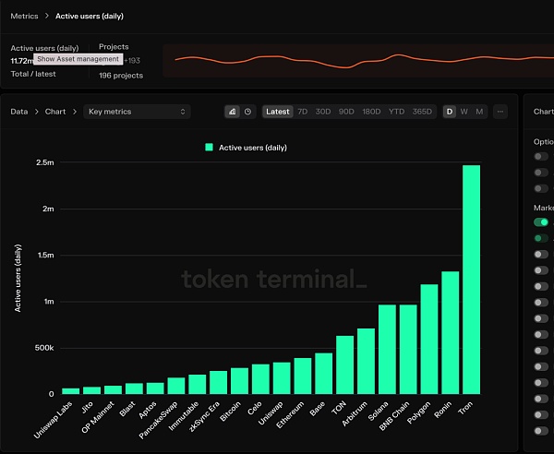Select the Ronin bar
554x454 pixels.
[450, 332]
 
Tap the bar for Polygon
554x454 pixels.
[428, 339]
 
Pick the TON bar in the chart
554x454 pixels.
[344, 364]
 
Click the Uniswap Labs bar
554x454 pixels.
[70, 390]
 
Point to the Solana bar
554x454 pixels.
[387, 349]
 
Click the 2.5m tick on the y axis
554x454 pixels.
[43, 162]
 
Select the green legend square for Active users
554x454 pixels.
[210, 147]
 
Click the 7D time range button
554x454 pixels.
[302, 112]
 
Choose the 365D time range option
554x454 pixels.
[422, 112]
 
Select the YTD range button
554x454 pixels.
[396, 112]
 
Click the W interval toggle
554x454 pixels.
[464, 112]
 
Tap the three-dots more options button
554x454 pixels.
[500, 112]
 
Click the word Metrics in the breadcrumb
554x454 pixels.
[24, 16]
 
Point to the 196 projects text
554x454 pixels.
[121, 75]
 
